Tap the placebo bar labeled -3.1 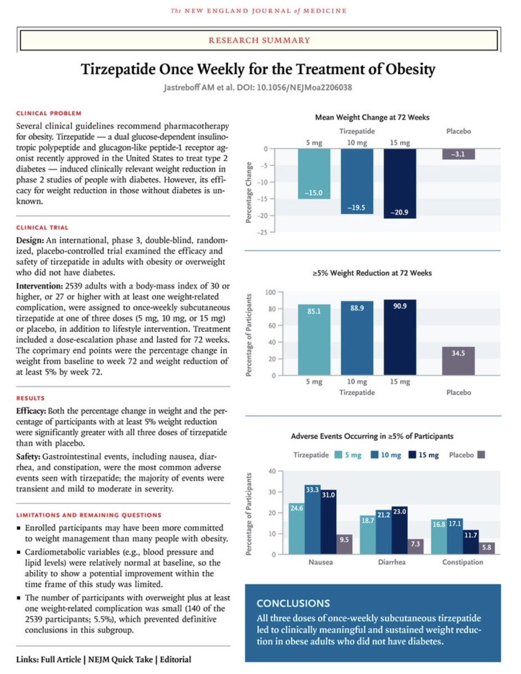pos(459,154)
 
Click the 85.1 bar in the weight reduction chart pos(314,340)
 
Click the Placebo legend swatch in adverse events pos(481,455)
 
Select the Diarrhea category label pos(391,562)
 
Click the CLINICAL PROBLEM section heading pos(49,113)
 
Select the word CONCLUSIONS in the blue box pos(293,603)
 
